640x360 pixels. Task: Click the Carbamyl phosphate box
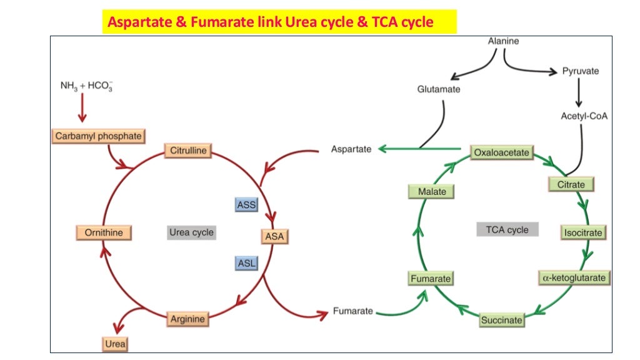coord(98,136)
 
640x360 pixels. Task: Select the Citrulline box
coord(188,151)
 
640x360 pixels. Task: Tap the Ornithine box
coord(104,233)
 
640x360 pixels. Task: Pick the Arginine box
coord(187,319)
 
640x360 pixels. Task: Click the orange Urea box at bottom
coord(115,344)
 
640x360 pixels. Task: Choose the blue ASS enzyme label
coord(247,204)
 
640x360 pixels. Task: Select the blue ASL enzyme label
coord(247,263)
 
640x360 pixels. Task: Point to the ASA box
coord(274,237)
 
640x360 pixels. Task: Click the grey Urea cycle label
coord(191,232)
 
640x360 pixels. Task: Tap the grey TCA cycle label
coord(507,229)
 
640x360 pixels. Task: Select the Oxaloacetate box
coord(501,152)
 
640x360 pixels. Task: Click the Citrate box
coord(571,184)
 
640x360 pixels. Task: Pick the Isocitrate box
coord(583,232)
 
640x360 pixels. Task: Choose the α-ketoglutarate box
coord(574,277)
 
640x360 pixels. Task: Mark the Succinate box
coord(501,320)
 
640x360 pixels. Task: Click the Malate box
coord(432,191)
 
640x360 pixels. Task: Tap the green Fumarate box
coord(431,279)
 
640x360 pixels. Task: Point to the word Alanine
coord(503,41)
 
